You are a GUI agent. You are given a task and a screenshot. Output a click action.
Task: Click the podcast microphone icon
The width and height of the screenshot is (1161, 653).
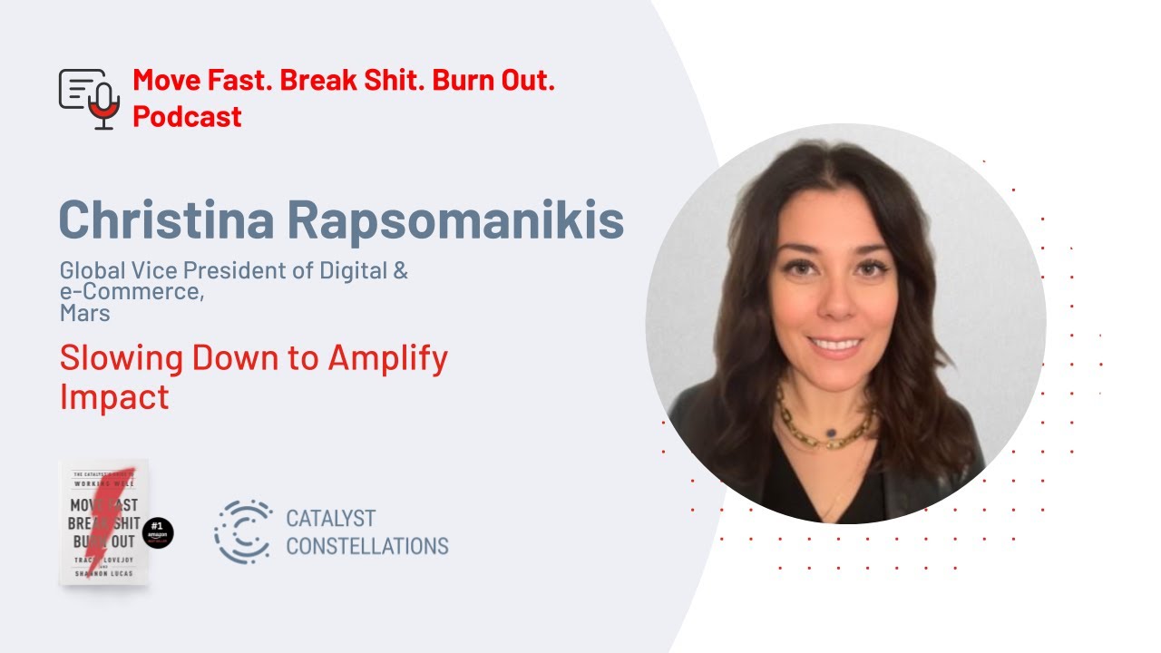[x=91, y=98]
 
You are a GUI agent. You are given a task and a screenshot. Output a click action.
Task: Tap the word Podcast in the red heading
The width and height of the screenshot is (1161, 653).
[x=187, y=116]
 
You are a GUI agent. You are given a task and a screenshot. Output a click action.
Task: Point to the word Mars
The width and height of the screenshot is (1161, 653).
[x=84, y=314]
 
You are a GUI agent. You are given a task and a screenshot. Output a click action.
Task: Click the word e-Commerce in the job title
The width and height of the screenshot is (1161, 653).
[x=130, y=292]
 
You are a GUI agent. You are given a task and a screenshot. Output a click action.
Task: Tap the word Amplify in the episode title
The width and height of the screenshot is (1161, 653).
[x=387, y=358]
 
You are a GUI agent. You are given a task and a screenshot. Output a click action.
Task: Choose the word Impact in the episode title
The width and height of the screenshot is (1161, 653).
[x=114, y=396]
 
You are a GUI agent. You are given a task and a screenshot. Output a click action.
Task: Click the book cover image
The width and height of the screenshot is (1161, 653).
[x=103, y=521]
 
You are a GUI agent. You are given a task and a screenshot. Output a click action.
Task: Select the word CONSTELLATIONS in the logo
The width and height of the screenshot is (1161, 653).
[x=366, y=546]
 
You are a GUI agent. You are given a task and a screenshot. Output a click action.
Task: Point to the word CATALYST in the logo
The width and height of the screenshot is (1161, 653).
[x=330, y=519]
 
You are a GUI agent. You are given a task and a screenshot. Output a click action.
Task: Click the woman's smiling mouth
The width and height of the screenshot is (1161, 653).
[x=834, y=346]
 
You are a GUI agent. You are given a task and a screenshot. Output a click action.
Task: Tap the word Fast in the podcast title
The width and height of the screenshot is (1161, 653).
[x=240, y=81]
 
